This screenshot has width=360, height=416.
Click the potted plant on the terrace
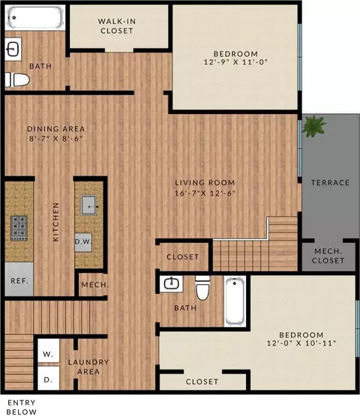click(x=314, y=126)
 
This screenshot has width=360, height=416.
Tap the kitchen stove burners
click(x=19, y=228)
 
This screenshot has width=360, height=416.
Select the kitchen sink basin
click(x=88, y=205)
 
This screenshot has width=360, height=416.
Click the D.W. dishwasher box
click(x=83, y=242)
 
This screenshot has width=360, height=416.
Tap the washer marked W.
click(x=48, y=351)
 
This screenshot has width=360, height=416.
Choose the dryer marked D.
click(x=48, y=379)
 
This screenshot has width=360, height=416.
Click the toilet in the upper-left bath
click(x=17, y=79)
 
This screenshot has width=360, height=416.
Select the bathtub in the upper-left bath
click(x=35, y=17)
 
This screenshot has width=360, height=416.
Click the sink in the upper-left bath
click(x=13, y=49)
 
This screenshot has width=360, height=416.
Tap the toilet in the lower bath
click(x=202, y=288)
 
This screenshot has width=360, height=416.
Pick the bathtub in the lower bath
click(x=235, y=301)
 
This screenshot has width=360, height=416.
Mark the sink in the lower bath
click(x=171, y=284)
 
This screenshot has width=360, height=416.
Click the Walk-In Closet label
click(x=117, y=26)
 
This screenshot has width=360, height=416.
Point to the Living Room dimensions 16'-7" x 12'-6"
click(x=205, y=193)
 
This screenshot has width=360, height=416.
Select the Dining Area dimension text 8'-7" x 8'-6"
click(x=55, y=138)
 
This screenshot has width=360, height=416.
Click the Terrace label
click(x=330, y=183)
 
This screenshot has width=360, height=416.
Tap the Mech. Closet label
click(x=328, y=256)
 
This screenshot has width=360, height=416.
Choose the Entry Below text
click(x=22, y=407)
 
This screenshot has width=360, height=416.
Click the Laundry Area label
click(x=88, y=367)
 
